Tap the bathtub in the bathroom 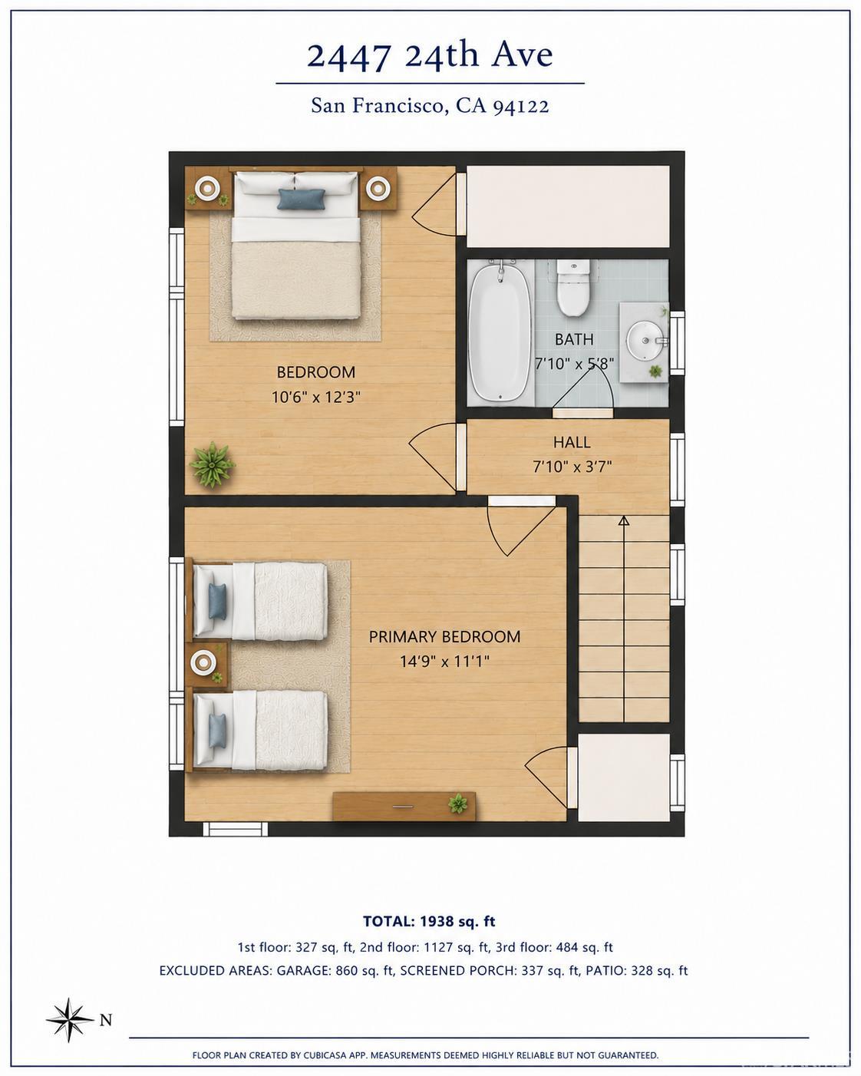(x=500, y=332)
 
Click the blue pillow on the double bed (x=302, y=199)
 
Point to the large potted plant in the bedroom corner (x=212, y=464)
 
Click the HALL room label (x=572, y=443)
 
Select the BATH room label (x=574, y=339)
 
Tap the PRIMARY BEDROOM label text (x=444, y=636)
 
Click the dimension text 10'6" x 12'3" (x=316, y=397)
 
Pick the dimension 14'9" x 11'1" (x=444, y=662)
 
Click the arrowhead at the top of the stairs (x=624, y=520)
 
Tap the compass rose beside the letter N (x=70, y=1019)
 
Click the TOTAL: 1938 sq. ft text (x=429, y=922)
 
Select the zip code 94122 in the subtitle (x=520, y=107)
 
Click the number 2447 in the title (x=348, y=57)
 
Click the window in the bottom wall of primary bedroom (x=235, y=830)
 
